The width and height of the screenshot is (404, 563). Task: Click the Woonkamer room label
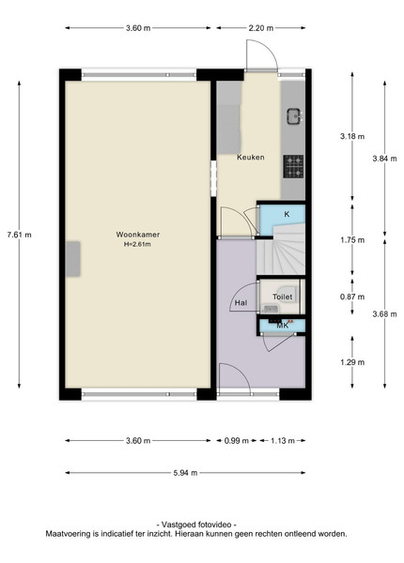(x=138, y=235)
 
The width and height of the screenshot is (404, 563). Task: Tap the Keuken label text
(x=251, y=157)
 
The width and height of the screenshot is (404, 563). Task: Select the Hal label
(x=241, y=303)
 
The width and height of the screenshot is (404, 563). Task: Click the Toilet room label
(x=282, y=297)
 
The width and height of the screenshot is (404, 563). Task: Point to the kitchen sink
(x=295, y=116)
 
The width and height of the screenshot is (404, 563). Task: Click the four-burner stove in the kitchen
(x=293, y=167)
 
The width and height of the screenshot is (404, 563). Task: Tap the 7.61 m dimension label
(x=19, y=235)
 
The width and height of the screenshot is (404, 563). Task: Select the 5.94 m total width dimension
(x=185, y=473)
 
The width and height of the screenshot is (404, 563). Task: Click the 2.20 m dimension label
(x=260, y=28)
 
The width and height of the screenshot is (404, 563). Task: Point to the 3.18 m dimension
(x=352, y=136)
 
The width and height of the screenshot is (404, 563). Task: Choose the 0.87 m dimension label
(x=352, y=297)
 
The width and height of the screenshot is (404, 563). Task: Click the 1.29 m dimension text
(x=352, y=362)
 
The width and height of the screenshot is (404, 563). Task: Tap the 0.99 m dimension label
(x=237, y=441)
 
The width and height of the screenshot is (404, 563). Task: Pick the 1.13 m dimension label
(x=283, y=441)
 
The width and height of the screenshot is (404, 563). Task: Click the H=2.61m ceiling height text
(x=137, y=245)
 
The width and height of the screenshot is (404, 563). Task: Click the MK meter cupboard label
(x=283, y=326)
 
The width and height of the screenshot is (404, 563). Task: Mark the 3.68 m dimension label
(x=384, y=314)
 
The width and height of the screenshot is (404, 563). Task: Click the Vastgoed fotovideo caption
(x=196, y=525)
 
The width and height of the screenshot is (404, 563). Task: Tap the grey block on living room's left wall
(x=72, y=259)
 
